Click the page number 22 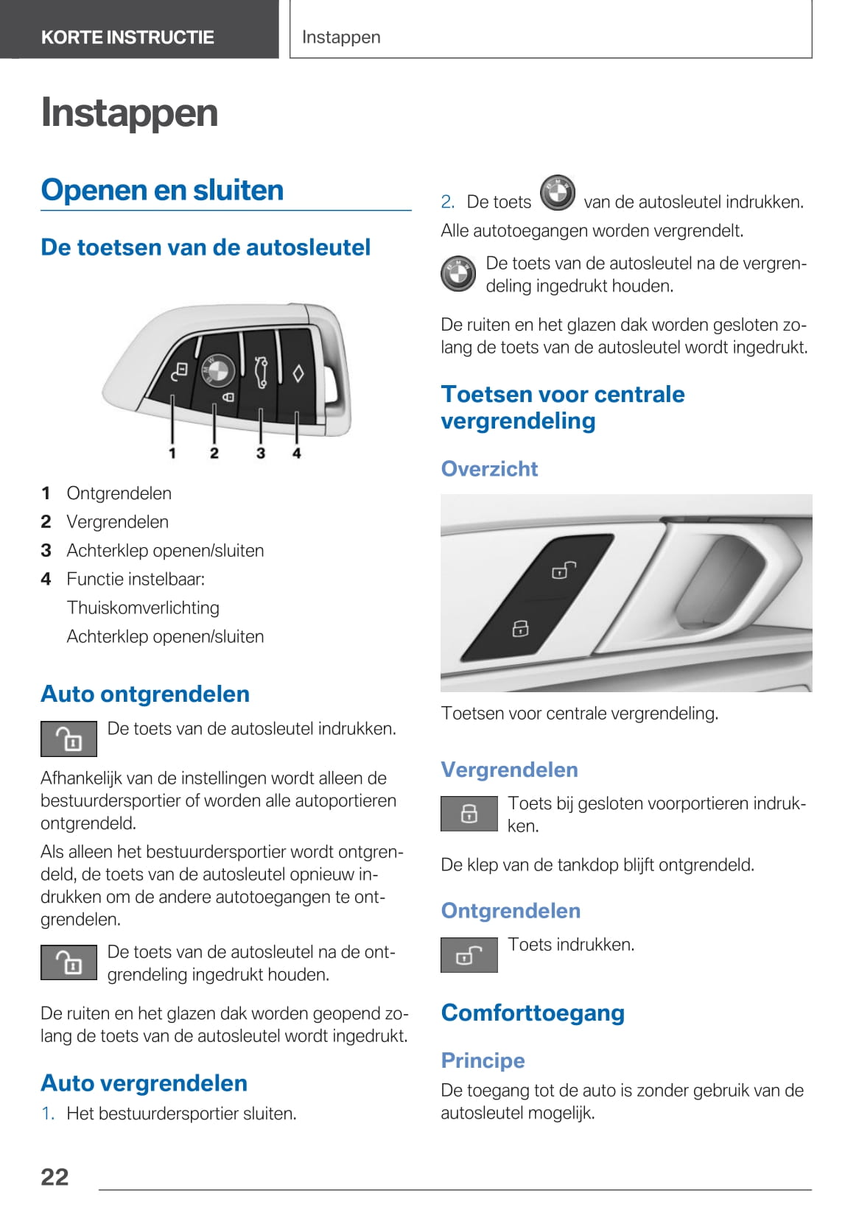(x=55, y=1177)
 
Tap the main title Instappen (x=130, y=113)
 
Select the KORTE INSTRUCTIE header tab (x=127, y=37)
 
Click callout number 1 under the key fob (x=172, y=453)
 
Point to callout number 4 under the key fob (x=296, y=453)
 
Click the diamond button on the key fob (x=298, y=373)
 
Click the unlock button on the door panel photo (x=564, y=570)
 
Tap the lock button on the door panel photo (x=520, y=628)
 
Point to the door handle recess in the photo (x=726, y=582)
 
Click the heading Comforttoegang (x=533, y=1013)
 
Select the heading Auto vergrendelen (x=144, y=1083)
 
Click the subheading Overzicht (x=489, y=468)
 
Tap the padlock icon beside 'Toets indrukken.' (x=469, y=955)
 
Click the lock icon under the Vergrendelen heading (x=469, y=814)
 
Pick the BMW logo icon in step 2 (x=558, y=194)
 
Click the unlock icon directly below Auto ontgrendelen (x=69, y=739)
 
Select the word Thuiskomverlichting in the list (x=143, y=608)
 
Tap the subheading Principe (x=483, y=1060)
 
